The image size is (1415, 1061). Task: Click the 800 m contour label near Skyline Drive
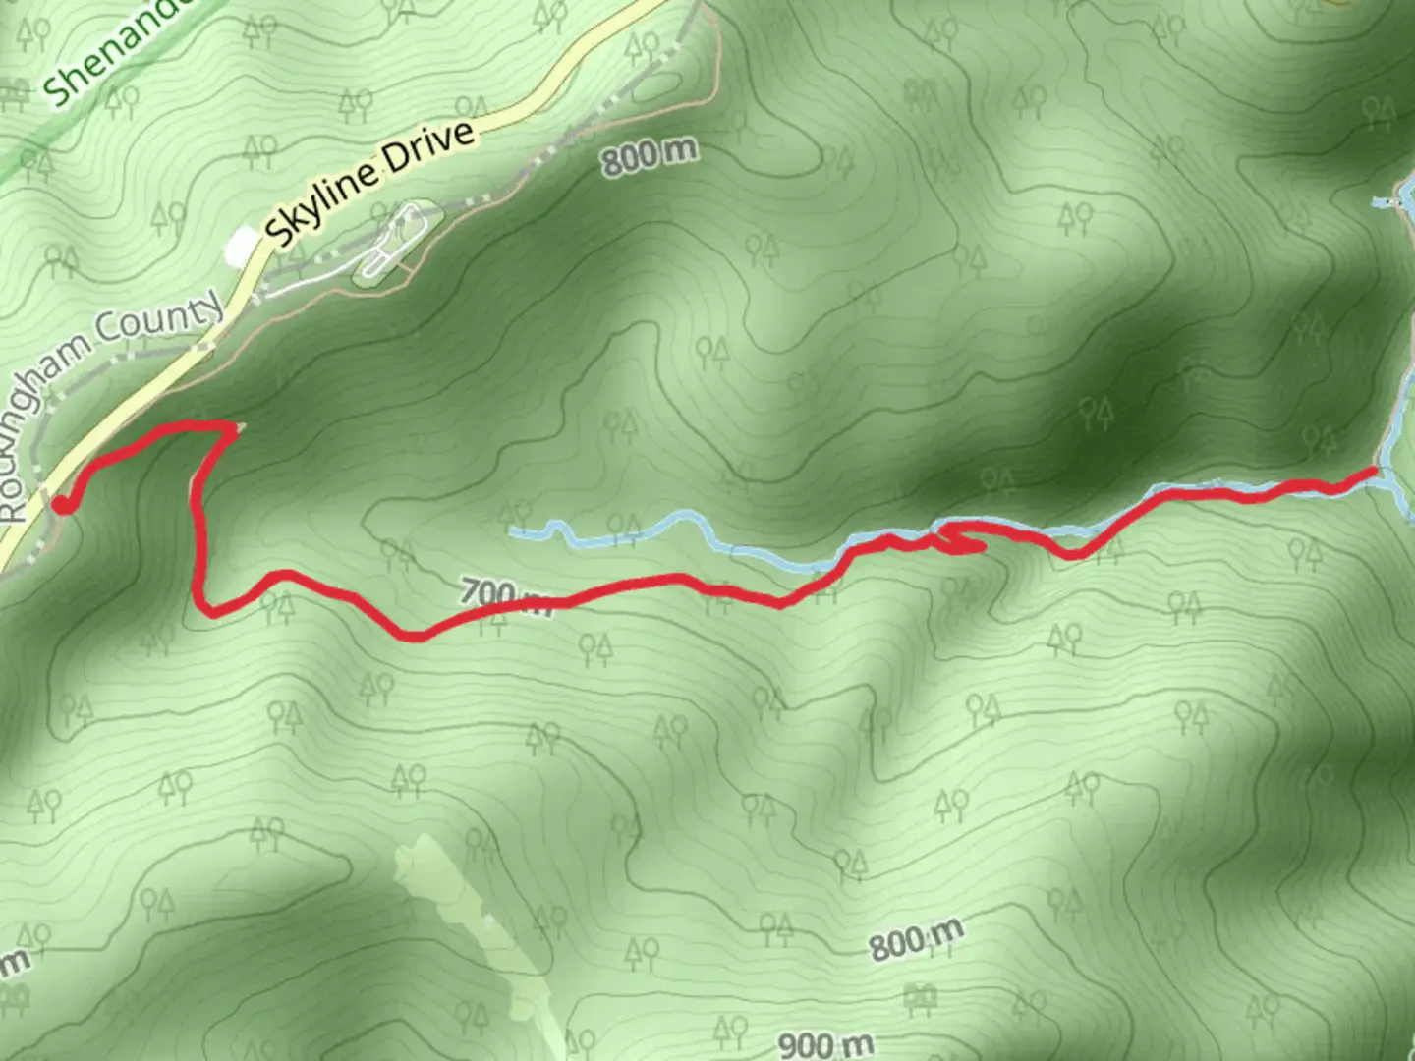[650, 155]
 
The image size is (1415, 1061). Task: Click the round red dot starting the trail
[62, 505]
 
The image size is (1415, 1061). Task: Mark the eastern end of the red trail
[1372, 473]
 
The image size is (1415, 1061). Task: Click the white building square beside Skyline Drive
[239, 247]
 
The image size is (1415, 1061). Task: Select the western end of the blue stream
[513, 531]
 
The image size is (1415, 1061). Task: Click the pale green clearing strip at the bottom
[462, 914]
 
